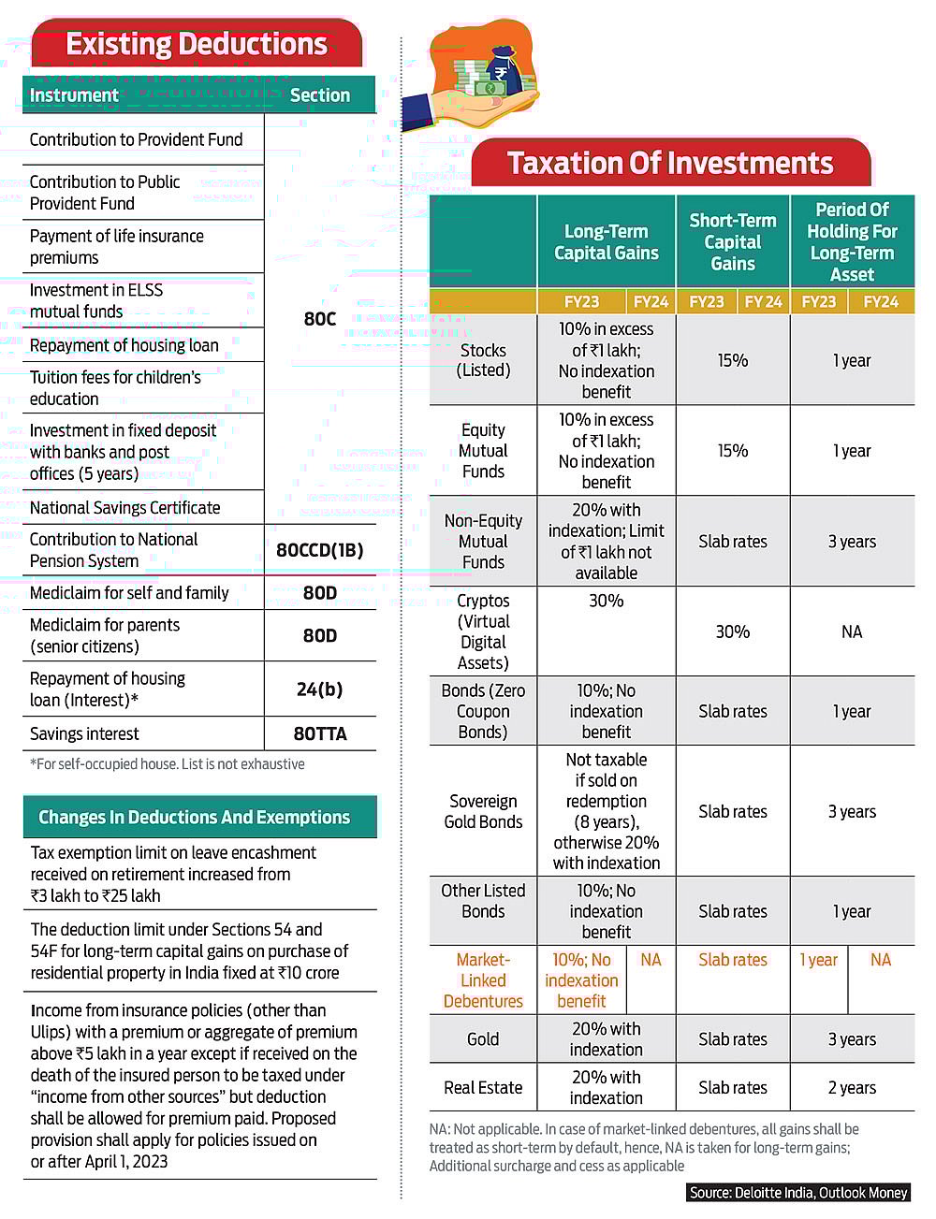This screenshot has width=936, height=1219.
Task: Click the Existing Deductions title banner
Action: click(x=197, y=44)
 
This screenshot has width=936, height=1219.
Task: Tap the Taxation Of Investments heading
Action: click(x=670, y=164)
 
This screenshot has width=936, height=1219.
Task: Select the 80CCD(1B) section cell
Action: click(x=319, y=550)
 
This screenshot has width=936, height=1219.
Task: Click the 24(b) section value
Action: click(x=319, y=689)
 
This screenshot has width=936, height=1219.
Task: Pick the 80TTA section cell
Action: click(x=319, y=734)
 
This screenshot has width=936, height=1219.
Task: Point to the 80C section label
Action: click(x=319, y=319)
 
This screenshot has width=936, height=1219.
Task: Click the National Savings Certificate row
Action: click(x=125, y=508)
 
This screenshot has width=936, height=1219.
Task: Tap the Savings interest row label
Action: click(x=84, y=734)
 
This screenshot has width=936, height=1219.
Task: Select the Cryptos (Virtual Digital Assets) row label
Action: click(x=483, y=631)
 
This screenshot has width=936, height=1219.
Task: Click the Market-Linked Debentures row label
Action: click(x=483, y=980)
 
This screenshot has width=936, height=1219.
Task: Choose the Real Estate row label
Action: click(x=483, y=1088)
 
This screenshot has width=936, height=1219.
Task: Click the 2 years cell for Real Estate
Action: click(x=852, y=1088)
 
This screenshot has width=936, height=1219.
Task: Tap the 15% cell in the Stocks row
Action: click(x=733, y=360)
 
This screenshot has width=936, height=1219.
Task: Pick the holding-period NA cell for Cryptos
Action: click(x=852, y=631)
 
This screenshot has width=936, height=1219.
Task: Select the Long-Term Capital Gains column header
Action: click(x=607, y=242)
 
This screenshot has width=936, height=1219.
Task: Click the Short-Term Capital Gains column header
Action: click(x=733, y=242)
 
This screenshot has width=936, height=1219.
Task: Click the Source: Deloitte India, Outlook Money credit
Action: click(x=798, y=1193)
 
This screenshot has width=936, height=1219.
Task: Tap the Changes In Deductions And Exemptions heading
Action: click(x=194, y=818)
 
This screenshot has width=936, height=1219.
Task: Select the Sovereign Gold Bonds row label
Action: click(x=483, y=811)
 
